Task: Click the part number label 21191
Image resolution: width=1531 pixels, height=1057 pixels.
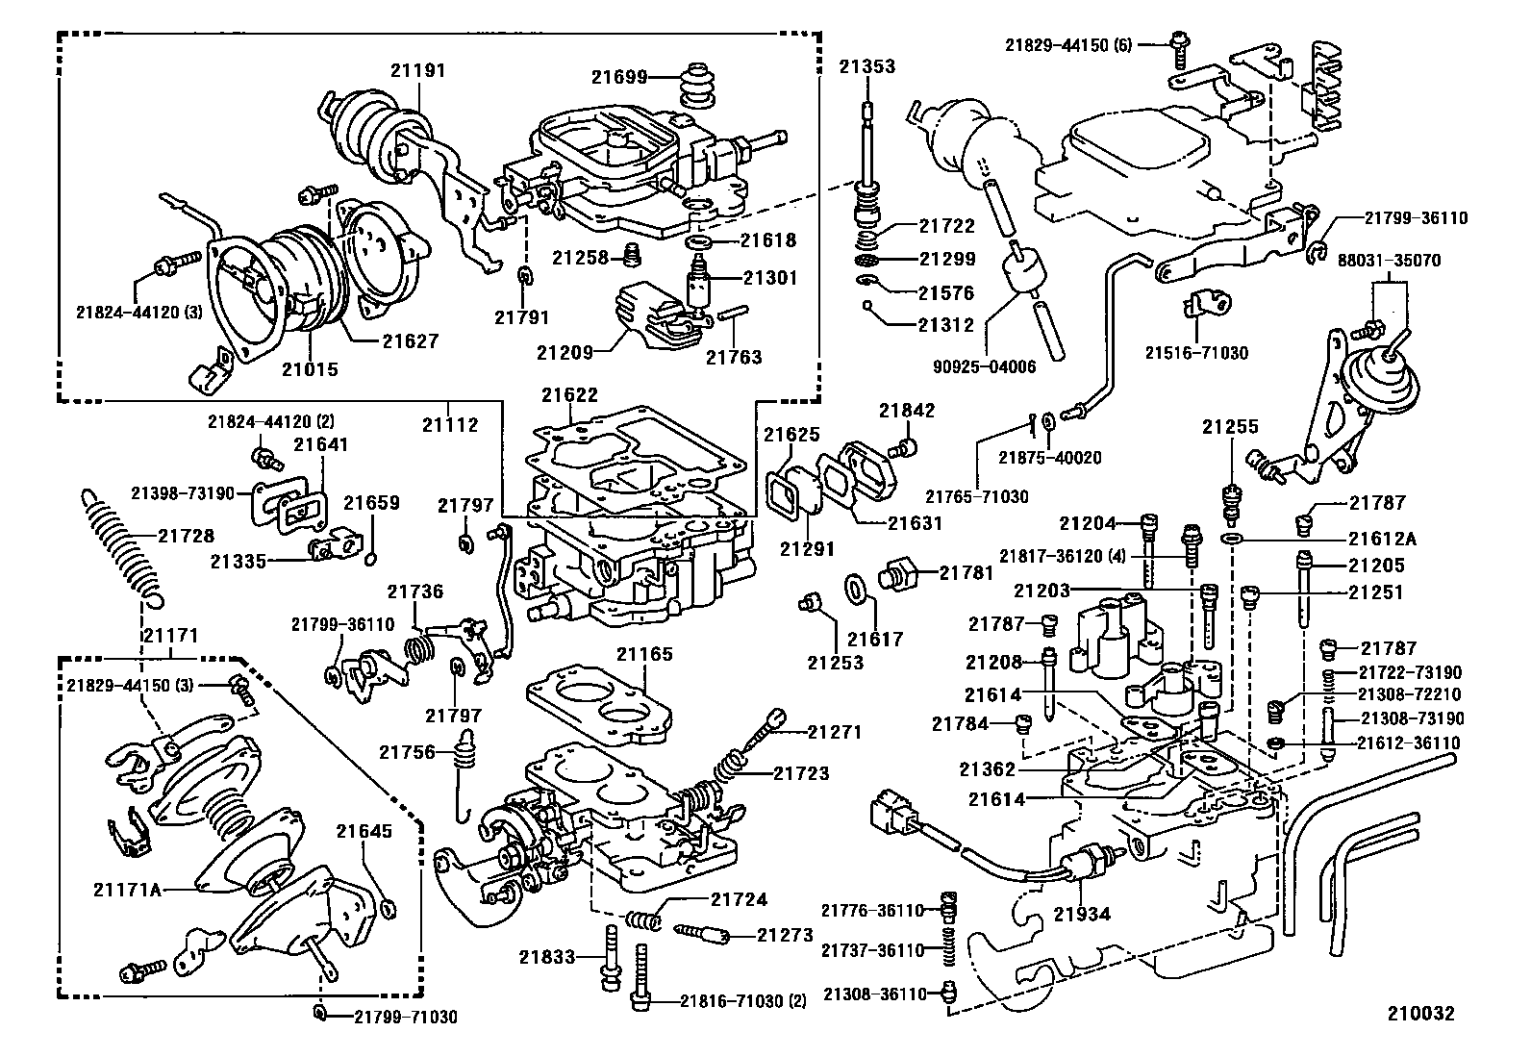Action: [x=418, y=70]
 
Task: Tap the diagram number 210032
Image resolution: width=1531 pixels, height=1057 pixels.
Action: [x=1419, y=1014]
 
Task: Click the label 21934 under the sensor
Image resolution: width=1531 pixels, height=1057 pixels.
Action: [x=1084, y=914]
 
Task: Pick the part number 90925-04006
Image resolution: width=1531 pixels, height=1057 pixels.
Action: [x=984, y=366]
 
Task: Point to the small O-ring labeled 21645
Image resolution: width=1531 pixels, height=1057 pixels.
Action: [x=387, y=907]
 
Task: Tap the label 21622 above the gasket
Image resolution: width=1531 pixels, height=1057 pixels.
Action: [x=569, y=394]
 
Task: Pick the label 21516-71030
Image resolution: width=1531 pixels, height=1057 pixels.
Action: [x=1195, y=353]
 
